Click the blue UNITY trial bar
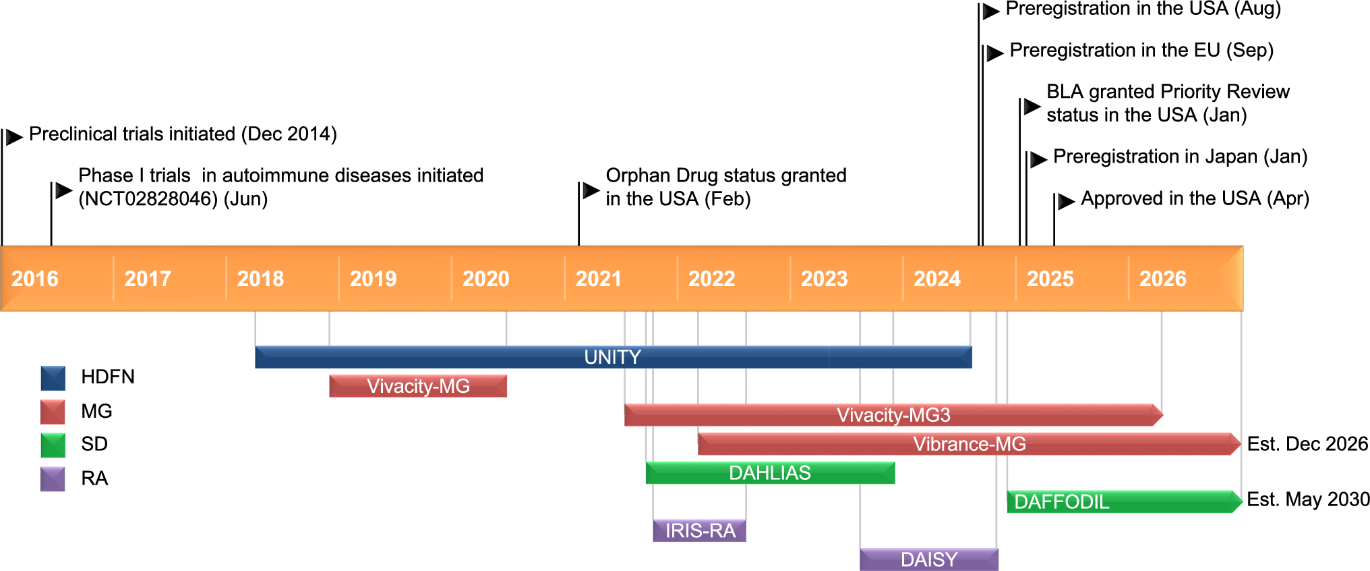(613, 357)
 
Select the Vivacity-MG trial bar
(418, 386)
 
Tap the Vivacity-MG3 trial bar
(893, 415)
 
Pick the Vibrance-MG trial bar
(969, 444)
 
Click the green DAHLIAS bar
(770, 473)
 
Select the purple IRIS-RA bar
(700, 531)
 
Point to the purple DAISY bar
(928, 560)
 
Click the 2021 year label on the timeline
(598, 279)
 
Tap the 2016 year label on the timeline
(35, 279)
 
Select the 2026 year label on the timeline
(1162, 279)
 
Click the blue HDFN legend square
(53, 378)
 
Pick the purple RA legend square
(53, 479)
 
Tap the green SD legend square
(53, 445)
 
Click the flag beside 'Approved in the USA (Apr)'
(1066, 201)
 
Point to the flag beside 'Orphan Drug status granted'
(591, 190)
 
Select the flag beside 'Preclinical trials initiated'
(14, 138)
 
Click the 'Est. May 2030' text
(1308, 499)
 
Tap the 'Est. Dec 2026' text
(1307, 444)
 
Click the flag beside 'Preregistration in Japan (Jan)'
(1038, 159)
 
